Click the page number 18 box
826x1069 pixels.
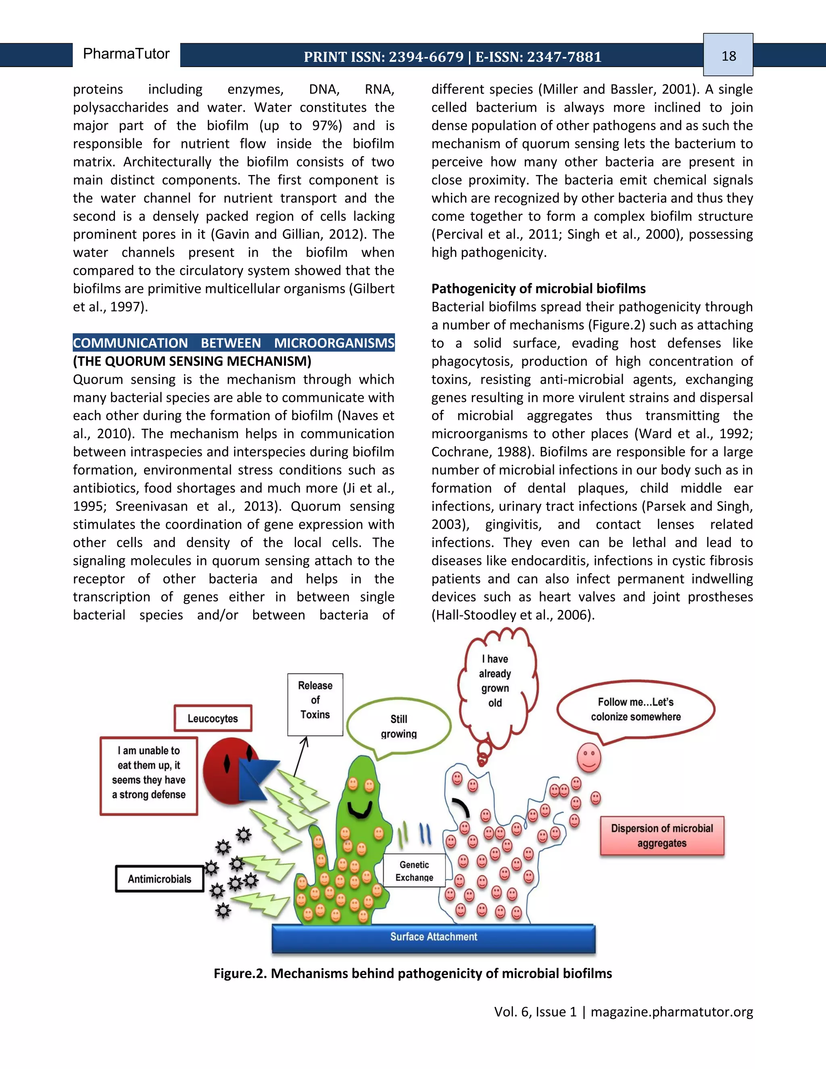(x=728, y=55)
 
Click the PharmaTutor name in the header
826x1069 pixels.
(x=126, y=54)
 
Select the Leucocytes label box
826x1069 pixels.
(x=213, y=718)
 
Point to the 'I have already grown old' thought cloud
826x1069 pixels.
(x=495, y=681)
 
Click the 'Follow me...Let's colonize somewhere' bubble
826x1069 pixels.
(x=635, y=709)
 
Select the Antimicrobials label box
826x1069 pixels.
(x=160, y=879)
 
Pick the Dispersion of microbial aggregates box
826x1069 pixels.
(x=661, y=835)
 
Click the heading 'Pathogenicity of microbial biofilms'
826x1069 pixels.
(x=538, y=288)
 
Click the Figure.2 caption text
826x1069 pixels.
(x=413, y=973)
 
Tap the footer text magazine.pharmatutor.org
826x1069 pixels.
(x=672, y=1012)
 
